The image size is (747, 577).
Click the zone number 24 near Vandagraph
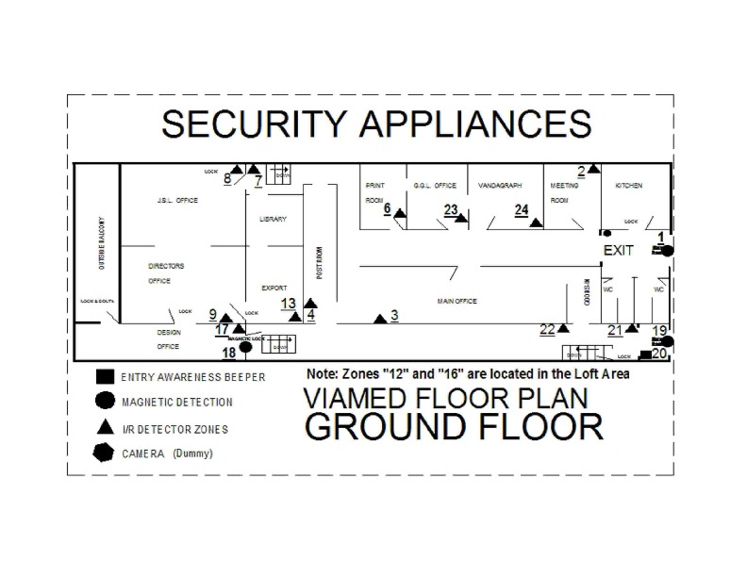click(x=521, y=210)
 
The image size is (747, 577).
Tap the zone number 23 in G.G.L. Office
click(x=451, y=209)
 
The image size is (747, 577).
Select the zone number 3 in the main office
click(x=395, y=315)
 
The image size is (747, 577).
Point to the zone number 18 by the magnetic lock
click(x=227, y=353)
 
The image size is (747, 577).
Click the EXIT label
click(x=619, y=250)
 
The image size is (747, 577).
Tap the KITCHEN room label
click(x=629, y=186)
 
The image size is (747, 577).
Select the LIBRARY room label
click(x=273, y=219)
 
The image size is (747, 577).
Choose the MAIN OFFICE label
click(x=457, y=301)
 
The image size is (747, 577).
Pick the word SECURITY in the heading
click(x=254, y=124)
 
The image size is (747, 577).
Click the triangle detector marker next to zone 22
click(x=563, y=329)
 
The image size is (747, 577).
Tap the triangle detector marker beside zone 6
click(x=400, y=215)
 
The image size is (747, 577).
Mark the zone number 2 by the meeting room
click(x=582, y=170)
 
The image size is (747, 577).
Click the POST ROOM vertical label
click(x=320, y=263)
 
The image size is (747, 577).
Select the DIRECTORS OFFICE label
click(x=166, y=273)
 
